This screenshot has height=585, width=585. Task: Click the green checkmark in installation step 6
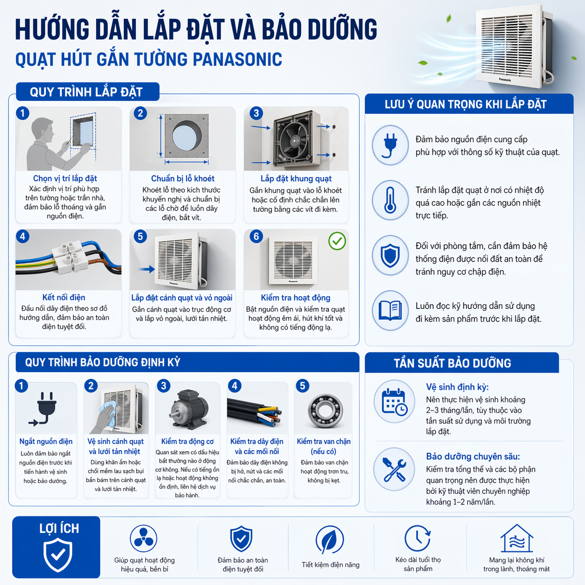[337, 241]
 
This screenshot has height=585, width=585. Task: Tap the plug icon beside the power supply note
[390, 145]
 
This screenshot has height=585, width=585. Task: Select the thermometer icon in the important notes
[390, 200]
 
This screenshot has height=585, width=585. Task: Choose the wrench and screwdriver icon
[394, 469]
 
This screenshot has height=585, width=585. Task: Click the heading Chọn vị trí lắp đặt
[65, 178]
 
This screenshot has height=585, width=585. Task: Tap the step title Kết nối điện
[63, 297]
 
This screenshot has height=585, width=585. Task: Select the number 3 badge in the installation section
[256, 113]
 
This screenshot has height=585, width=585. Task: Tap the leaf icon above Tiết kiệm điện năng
[329, 540]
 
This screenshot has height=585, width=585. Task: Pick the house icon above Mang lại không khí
[516, 538]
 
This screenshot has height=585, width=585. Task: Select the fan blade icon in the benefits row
[143, 539]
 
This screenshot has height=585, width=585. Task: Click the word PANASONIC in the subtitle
[237, 60]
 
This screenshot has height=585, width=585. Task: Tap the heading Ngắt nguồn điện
[46, 441]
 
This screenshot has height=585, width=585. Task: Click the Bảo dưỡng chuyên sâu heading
[473, 456]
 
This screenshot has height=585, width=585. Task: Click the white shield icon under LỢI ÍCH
[58, 554]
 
